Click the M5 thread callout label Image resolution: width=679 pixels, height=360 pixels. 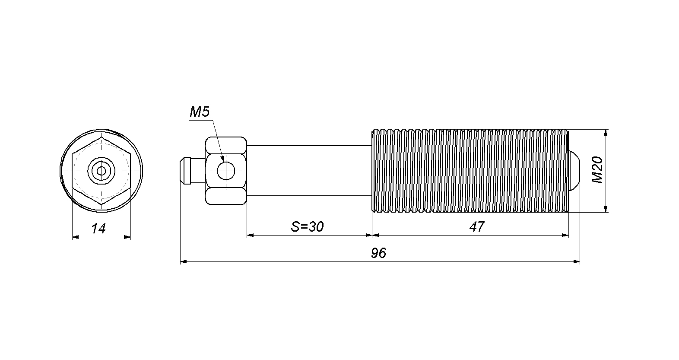click(200, 112)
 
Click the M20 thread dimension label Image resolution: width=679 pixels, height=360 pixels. click(598, 170)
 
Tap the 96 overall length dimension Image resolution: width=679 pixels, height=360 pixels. click(379, 253)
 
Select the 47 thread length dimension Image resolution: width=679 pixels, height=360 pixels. click(477, 226)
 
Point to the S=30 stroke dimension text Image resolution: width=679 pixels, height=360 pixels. click(308, 226)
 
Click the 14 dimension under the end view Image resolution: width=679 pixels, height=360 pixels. click(98, 228)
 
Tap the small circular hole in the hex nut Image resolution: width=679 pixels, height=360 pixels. click(226, 171)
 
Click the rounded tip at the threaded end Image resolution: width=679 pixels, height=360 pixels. click(574, 171)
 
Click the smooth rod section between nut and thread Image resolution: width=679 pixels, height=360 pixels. click(309, 171)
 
